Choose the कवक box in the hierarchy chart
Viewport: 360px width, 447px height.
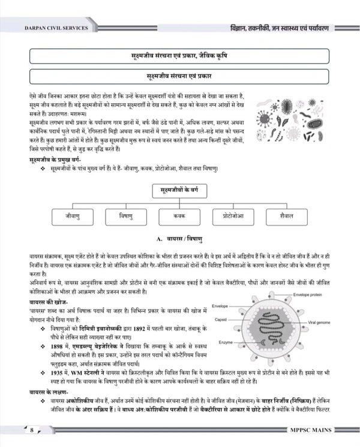[179, 215]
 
